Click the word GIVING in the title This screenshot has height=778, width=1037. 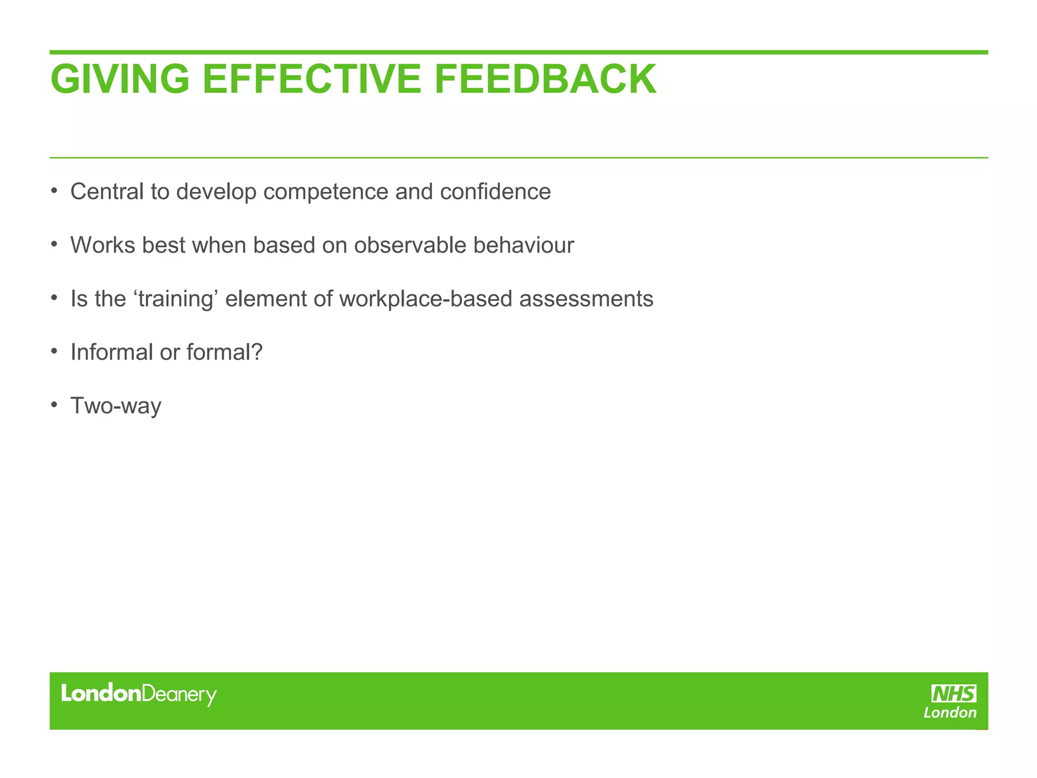pyautogui.click(x=120, y=79)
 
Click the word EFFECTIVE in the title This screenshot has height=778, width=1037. pyautogui.click(x=311, y=79)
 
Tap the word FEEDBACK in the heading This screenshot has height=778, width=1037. pyautogui.click(x=545, y=79)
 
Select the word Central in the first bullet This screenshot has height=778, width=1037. pyautogui.click(x=107, y=192)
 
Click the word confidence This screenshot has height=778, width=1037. pyautogui.click(x=495, y=192)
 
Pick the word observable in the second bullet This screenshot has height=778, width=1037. pyautogui.click(x=410, y=246)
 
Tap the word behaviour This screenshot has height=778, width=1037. pyautogui.click(x=524, y=246)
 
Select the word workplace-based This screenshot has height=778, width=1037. pyautogui.click(x=426, y=299)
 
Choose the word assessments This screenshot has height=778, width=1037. pyautogui.click(x=586, y=299)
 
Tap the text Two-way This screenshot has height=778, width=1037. pyautogui.click(x=115, y=406)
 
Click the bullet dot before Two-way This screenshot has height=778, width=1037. pyautogui.click(x=54, y=405)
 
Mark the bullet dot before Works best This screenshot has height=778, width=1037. pyautogui.click(x=54, y=245)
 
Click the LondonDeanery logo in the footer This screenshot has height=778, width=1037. pyautogui.click(x=139, y=694)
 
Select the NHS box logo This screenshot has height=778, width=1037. pyautogui.click(x=954, y=693)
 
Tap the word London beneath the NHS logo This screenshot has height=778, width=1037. pyautogui.click(x=950, y=713)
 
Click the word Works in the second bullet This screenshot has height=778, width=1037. pyautogui.click(x=103, y=246)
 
